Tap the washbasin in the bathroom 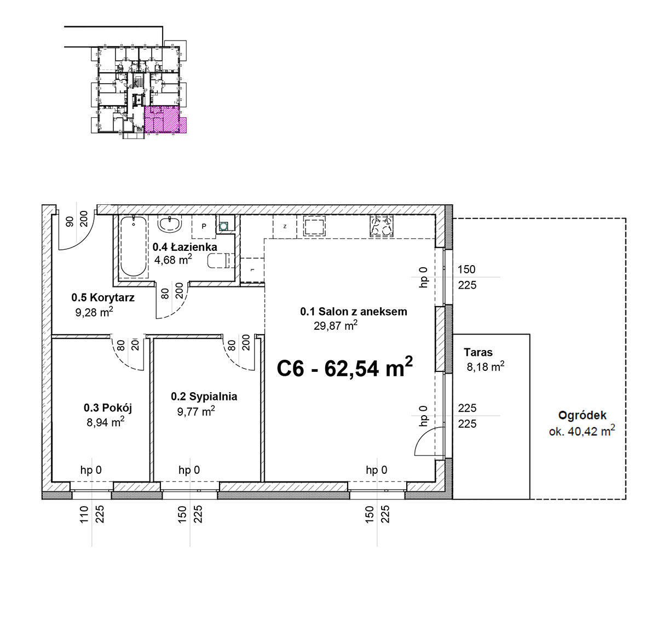pyautogui.click(x=170, y=223)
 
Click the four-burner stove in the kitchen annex pyautogui.click(x=382, y=226)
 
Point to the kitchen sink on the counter pyautogui.click(x=315, y=226)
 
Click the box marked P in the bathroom pyautogui.click(x=204, y=227)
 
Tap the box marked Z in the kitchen pyautogui.click(x=285, y=227)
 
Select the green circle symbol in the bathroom pyautogui.click(x=223, y=226)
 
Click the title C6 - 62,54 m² pyautogui.click(x=344, y=368)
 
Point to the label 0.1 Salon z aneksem pyautogui.click(x=354, y=312)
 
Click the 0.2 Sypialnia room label pyautogui.click(x=204, y=396)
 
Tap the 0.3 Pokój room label pyautogui.click(x=108, y=408)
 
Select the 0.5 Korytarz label pyautogui.click(x=103, y=297)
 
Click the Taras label pyautogui.click(x=478, y=352)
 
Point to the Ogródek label pyautogui.click(x=582, y=415)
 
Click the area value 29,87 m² pyautogui.click(x=336, y=325)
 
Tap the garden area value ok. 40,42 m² pyautogui.click(x=582, y=430)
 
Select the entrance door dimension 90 pyautogui.click(x=70, y=221)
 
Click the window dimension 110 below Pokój pyautogui.click(x=84, y=514)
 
